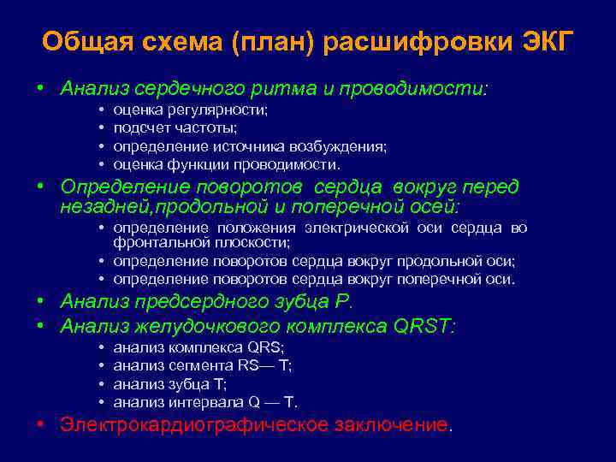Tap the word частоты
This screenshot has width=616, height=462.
pos(206,128)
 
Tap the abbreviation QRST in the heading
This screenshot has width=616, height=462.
pos(423,326)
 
